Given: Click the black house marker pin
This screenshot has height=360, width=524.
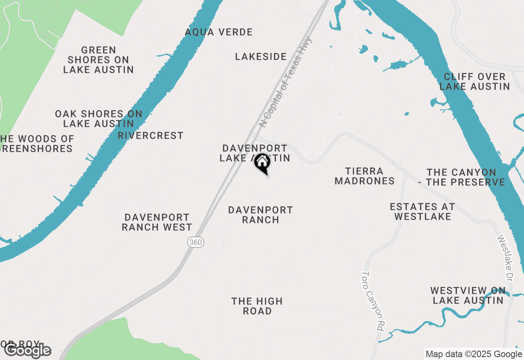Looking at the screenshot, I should tap(262, 163).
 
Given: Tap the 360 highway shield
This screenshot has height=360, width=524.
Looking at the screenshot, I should tap(196, 242).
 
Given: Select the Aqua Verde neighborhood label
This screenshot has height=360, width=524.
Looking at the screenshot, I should tap(219, 32).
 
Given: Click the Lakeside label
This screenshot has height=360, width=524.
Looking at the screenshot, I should tap(261, 56).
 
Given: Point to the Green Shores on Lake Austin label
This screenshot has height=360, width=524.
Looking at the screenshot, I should tap(99, 60).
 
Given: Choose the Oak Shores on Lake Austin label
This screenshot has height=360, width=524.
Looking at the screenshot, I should tap(99, 119).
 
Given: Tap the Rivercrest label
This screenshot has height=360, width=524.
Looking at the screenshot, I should tap(151, 135).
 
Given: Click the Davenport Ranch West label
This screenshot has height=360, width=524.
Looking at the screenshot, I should tap(157, 222).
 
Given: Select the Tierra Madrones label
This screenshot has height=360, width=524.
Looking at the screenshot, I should tap(364, 176).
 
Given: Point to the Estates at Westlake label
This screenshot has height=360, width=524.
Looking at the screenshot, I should tap(422, 211).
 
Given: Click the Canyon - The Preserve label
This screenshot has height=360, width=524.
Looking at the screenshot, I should tap(461, 177).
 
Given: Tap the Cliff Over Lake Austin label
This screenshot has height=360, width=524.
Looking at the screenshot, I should tap(474, 81).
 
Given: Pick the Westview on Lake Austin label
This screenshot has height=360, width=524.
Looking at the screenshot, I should tap(468, 295).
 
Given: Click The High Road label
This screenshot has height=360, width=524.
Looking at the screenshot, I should tap(257, 306).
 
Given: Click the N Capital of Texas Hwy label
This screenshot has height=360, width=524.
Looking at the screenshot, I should tap(286, 82).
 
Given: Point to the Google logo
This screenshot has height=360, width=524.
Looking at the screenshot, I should tap(27, 350).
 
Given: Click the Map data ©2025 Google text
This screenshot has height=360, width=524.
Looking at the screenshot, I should tap(474, 354).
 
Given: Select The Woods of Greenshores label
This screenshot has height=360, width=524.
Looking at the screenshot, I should tap(37, 144).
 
